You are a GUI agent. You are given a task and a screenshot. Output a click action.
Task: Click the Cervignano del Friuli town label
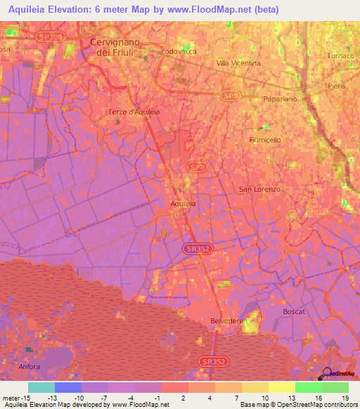[x=116, y=47]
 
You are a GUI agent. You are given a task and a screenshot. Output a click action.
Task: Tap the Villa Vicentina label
[x=238, y=63]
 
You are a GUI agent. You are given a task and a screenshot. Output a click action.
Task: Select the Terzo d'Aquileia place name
[x=134, y=112]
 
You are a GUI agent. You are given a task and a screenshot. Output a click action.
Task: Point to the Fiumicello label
[x=265, y=140]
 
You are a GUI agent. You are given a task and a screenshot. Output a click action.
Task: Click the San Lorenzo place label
[x=259, y=190]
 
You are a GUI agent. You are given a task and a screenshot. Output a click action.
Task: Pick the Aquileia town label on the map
[x=184, y=203]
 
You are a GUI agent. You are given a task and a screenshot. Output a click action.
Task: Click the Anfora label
[x=30, y=367]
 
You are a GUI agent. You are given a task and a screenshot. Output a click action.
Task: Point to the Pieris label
[x=336, y=86]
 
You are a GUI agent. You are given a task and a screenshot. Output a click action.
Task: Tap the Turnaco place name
[x=341, y=56]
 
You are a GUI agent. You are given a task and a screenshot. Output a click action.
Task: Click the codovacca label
[x=179, y=51]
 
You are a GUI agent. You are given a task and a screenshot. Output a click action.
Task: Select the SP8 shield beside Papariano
[x=229, y=95]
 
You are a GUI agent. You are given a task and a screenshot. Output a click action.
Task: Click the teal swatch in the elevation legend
[x=41, y=387]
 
